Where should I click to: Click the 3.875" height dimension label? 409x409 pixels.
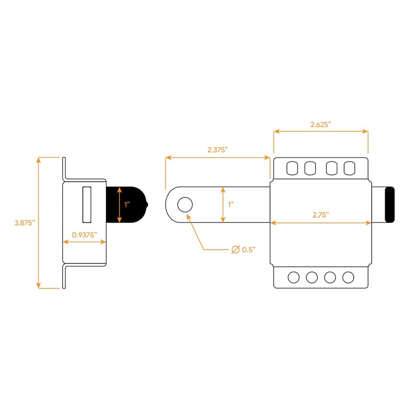pos(24,223)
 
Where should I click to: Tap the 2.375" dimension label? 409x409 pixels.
pos(217,150)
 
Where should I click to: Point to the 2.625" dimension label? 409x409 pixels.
pos(321,124)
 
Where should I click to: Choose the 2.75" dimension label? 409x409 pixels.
pos(321,215)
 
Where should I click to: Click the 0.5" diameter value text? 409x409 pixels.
pos(248,249)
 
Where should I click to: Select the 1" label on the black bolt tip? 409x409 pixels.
pos(127,204)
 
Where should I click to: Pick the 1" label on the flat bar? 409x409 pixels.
pos(231,204)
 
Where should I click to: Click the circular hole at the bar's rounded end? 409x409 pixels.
pos(184,205)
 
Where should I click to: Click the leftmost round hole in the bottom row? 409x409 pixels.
pos(293,277)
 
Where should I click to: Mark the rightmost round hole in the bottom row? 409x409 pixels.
pos(348,277)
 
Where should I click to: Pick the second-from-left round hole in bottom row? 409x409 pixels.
pos(311,277)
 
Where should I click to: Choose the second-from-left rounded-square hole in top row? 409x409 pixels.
pos(310,168)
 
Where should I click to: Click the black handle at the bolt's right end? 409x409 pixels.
pos(390,205)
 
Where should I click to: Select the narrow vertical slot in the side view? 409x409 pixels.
pos(86,204)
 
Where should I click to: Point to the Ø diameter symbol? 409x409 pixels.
pos(235,249)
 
